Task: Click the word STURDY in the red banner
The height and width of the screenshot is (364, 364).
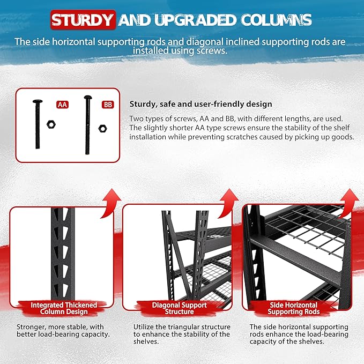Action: coord(83,20)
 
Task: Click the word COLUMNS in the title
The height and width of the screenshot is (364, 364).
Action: coord(276,20)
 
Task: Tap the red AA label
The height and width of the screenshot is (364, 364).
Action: coord(62,105)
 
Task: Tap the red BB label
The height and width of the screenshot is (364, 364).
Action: coord(108,105)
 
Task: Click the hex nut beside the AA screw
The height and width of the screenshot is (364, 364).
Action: coord(51,124)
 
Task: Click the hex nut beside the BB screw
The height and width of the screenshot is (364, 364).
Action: coord(102,128)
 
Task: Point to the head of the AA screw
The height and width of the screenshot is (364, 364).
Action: coord(38,101)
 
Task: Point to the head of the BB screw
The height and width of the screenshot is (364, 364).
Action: coord(88,97)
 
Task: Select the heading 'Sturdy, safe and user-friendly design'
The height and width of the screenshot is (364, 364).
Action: coord(200,104)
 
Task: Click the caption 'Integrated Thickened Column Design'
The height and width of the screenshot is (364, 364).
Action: coord(64,308)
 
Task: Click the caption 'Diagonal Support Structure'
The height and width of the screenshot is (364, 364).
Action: coord(179,308)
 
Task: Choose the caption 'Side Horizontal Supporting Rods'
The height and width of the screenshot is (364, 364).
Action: coord(293,308)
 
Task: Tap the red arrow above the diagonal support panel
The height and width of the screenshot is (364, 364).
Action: coord(228,203)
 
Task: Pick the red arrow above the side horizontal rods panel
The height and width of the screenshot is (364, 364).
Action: coord(349,203)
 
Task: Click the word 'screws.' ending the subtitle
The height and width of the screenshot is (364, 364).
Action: coord(212,50)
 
